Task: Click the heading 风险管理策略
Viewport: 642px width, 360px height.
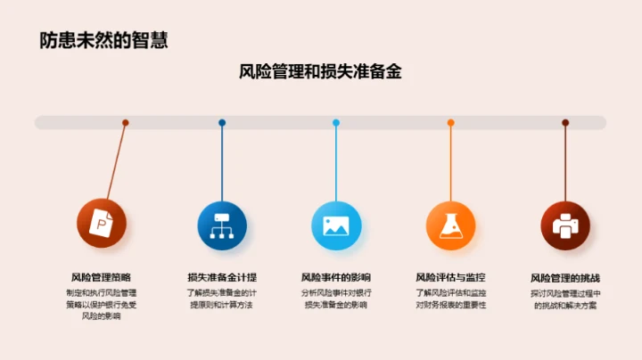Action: click(101, 277)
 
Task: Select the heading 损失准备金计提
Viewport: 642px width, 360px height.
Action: click(221, 277)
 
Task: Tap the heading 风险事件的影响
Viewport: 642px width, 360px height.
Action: click(335, 277)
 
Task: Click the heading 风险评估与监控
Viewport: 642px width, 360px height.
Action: click(450, 277)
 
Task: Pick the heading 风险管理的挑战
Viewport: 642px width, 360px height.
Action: click(565, 277)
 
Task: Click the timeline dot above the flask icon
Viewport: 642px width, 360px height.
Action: click(450, 123)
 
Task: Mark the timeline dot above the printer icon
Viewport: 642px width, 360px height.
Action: click(565, 123)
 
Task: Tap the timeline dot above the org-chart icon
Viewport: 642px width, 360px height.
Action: click(222, 123)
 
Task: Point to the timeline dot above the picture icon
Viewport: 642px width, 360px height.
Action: click(335, 123)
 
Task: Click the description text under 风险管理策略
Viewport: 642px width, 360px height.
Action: click(101, 304)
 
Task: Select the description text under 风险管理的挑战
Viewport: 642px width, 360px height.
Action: click(565, 299)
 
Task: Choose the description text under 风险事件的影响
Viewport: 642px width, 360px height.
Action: click(335, 299)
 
